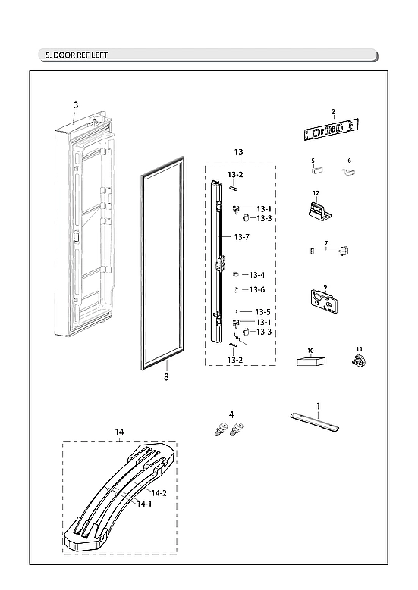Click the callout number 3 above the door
(x=76, y=105)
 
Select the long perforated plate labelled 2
(x=332, y=130)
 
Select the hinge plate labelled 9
(x=325, y=301)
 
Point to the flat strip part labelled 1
(x=313, y=418)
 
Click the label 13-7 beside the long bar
(x=241, y=237)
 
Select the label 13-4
(x=256, y=275)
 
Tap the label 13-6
(x=257, y=289)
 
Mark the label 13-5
(x=262, y=311)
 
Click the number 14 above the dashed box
(x=118, y=432)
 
